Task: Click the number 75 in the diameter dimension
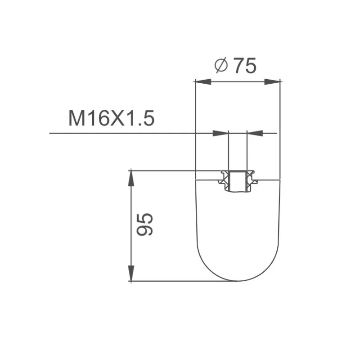(245, 66)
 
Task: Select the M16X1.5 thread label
(112, 118)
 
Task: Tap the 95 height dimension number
(144, 224)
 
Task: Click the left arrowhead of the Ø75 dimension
(203, 81)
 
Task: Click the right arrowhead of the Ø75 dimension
(272, 81)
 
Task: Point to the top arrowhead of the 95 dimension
(131, 178)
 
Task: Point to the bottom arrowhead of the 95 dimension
(131, 273)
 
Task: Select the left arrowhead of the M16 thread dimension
(220, 133)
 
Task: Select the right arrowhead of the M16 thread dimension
(255, 133)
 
